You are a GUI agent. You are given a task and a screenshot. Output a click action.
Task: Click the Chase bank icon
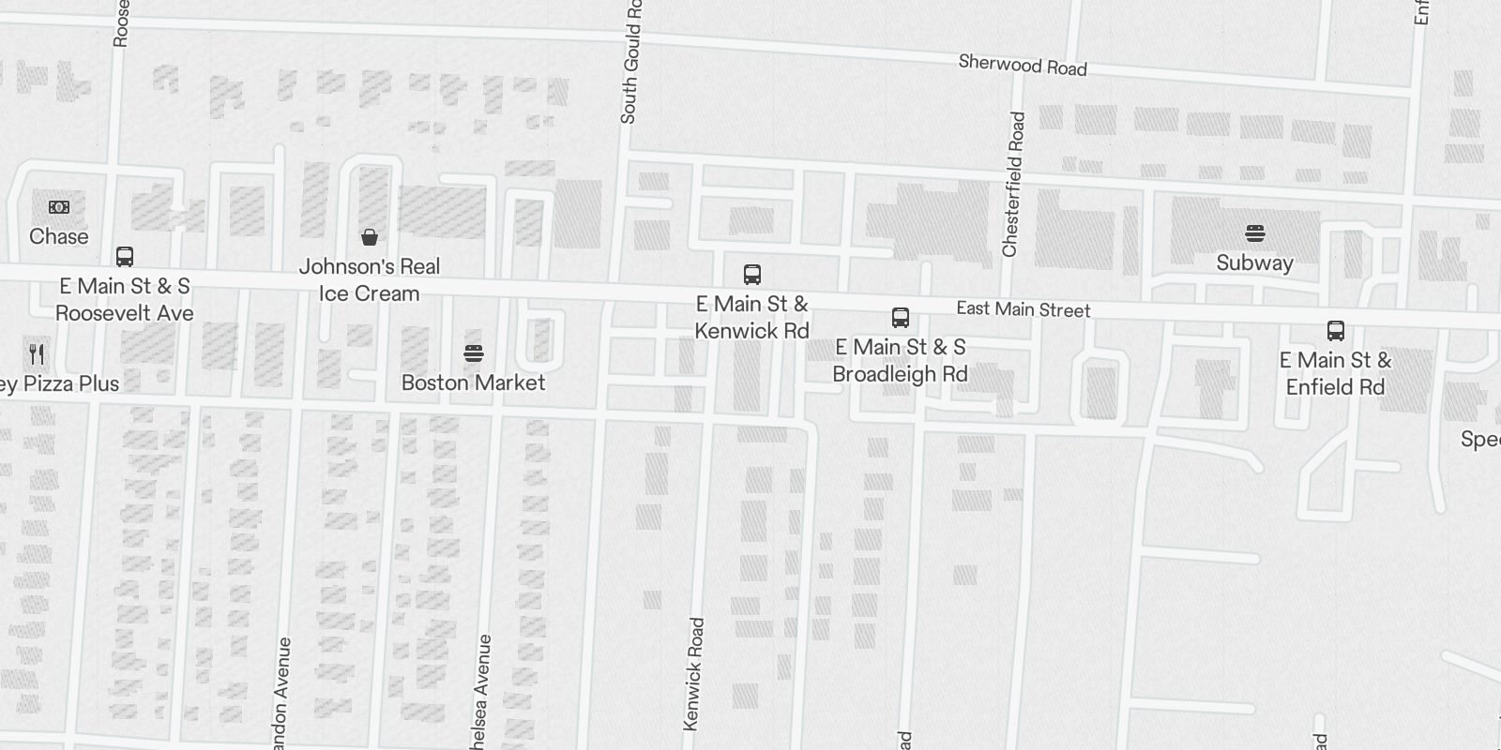58,206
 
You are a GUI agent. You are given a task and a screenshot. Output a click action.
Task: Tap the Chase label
58,236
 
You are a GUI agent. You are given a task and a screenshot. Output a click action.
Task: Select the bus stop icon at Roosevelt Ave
124,256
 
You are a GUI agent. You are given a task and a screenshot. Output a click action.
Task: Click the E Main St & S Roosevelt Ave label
124,299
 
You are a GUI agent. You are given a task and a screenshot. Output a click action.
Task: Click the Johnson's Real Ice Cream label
370,279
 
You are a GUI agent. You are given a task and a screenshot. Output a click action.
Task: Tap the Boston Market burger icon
473,353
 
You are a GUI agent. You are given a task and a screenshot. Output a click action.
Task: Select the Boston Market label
473,382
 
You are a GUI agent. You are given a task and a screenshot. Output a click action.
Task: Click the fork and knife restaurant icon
37,353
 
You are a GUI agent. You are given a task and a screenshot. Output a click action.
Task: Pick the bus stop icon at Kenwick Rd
751,274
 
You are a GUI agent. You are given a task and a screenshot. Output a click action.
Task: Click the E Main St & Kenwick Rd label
751,317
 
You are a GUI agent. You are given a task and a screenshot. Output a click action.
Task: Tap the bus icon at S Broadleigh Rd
900,317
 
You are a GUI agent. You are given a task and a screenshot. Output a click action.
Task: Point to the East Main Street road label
1023,309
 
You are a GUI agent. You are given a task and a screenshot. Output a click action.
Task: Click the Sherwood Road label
1023,65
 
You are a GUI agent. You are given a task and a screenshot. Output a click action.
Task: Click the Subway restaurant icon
1254,232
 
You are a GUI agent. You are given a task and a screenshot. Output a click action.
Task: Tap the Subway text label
1254,262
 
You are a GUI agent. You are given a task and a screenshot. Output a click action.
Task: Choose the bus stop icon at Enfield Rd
1335,330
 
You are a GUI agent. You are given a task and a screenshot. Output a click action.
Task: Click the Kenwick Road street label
693,673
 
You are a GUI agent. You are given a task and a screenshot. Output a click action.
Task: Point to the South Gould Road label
630,62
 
